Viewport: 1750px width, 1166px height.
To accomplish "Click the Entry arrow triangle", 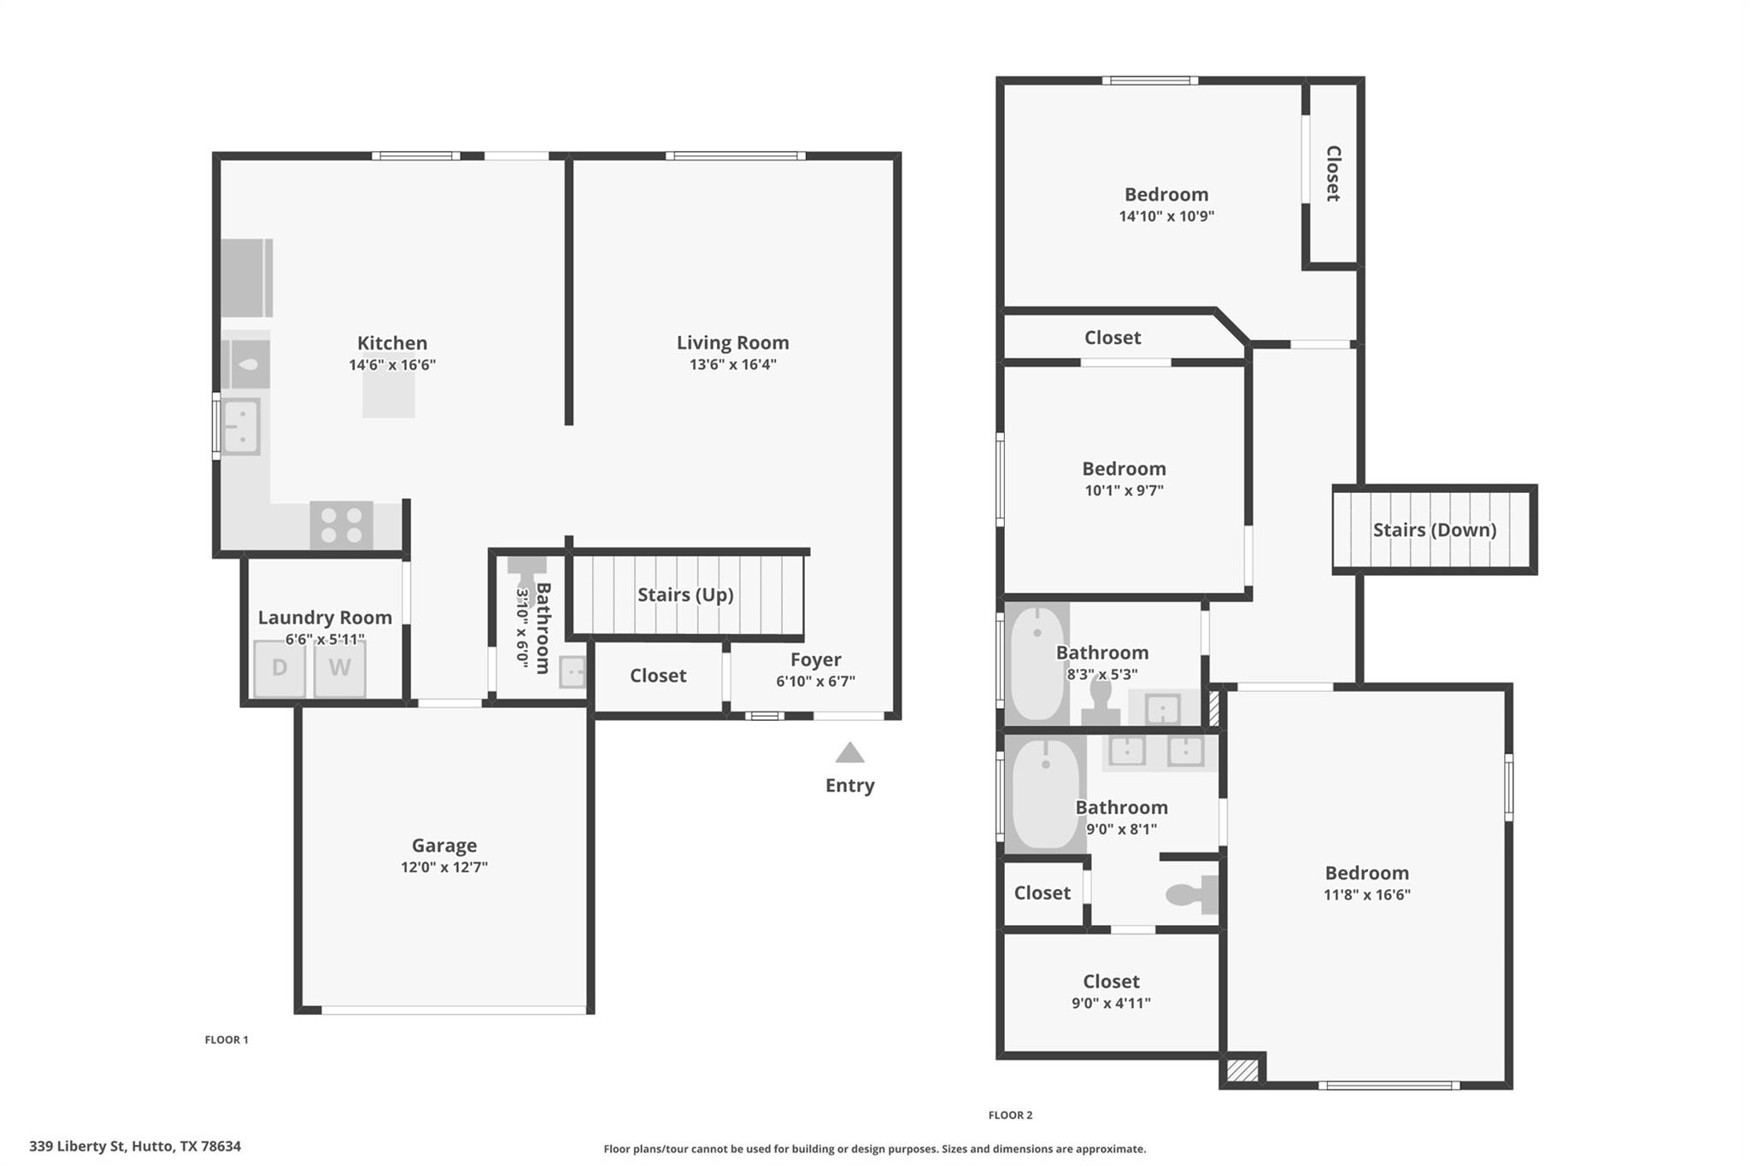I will (x=849, y=753).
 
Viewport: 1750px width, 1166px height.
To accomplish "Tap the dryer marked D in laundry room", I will (x=279, y=668).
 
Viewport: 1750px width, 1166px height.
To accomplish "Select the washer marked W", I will (x=339, y=668).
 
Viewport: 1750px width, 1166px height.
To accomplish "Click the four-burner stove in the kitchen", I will (x=341, y=524).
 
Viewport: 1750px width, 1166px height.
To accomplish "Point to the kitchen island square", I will (x=389, y=394).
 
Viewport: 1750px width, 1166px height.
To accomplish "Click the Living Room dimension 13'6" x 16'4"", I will (x=732, y=365).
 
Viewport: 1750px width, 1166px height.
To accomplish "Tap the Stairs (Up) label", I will (x=685, y=595).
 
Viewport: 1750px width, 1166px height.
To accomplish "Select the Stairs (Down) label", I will (x=1434, y=530).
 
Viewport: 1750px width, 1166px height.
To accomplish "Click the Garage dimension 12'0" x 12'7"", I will (x=443, y=867).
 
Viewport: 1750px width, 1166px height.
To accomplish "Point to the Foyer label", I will (x=815, y=659).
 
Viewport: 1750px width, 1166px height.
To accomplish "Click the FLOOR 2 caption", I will (x=1010, y=1115).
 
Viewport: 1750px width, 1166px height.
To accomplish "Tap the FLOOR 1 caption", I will (x=226, y=1040).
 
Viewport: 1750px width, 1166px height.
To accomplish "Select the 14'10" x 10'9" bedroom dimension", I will (x=1166, y=216).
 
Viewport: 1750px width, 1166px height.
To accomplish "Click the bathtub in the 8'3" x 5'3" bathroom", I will (x=1036, y=663).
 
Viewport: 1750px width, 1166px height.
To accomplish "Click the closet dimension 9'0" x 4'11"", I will (x=1111, y=1004).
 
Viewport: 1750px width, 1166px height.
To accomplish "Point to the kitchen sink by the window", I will (x=241, y=426).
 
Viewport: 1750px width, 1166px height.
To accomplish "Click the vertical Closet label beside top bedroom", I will (x=1332, y=173).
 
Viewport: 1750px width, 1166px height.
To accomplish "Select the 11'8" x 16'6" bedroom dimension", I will (x=1366, y=895).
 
